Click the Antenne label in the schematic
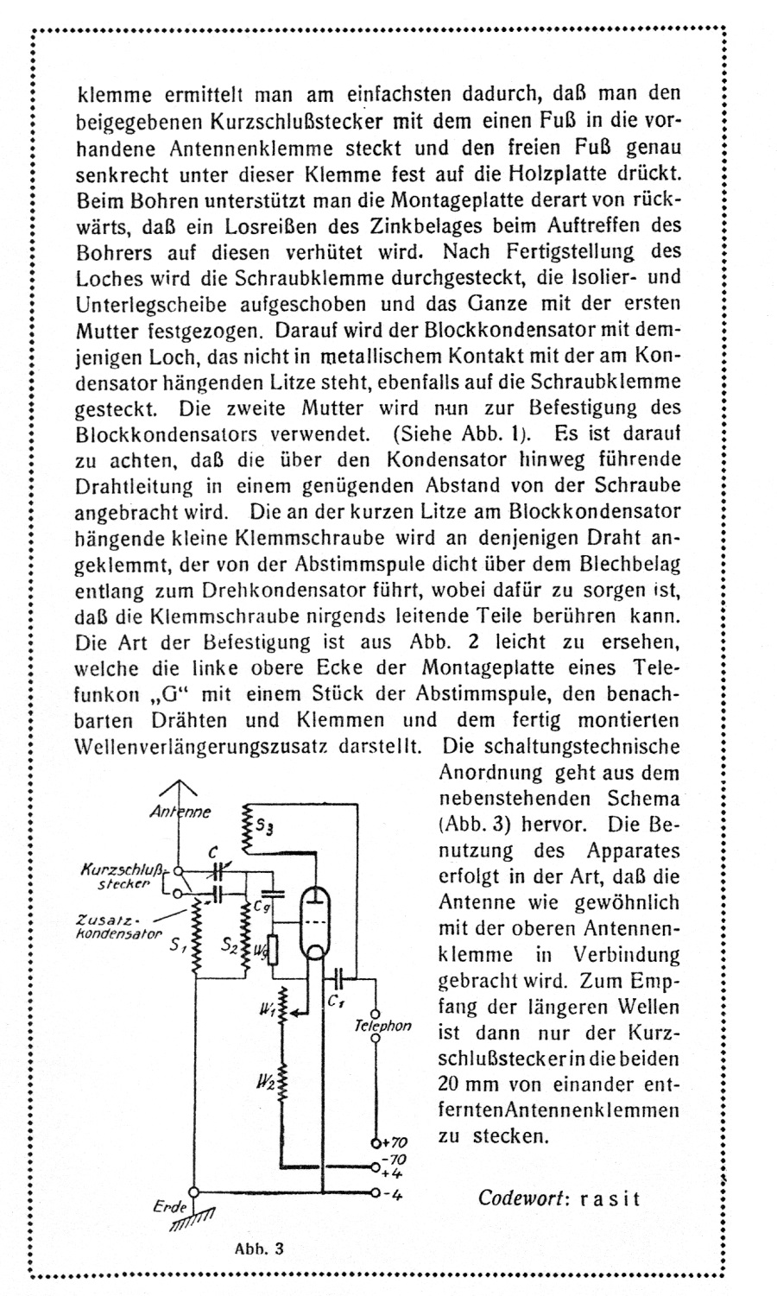pos(180,811)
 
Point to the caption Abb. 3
pos(259,1249)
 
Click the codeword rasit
pos(610,1198)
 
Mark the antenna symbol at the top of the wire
pos(180,787)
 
